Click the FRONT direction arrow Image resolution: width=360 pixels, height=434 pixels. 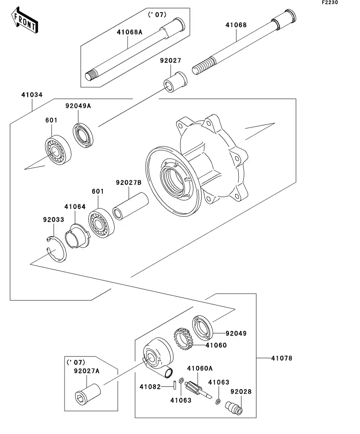coord(24,20)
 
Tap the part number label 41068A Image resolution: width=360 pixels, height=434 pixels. coord(130,32)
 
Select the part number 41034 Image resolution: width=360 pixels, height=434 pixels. coord(32,95)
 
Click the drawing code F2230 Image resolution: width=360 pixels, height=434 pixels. coord(330,2)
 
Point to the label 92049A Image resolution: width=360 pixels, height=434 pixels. coord(78,106)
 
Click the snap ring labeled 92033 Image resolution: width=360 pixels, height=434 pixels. coord(57,249)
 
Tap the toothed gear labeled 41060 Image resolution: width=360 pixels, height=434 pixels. coord(183,339)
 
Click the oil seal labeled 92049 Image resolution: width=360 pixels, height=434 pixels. coord(202,328)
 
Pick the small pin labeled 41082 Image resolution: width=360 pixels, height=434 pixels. coord(175,385)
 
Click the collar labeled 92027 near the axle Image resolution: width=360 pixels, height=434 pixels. coord(175,82)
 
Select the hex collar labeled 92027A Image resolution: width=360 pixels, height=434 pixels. coord(87,394)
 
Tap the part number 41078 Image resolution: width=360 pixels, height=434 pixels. coord(282,358)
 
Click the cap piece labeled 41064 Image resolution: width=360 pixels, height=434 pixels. coord(78,236)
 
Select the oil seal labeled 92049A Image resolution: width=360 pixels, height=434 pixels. coord(83,135)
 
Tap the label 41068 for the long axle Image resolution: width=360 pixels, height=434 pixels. coord(236,25)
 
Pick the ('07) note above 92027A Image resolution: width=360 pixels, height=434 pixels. coord(76,362)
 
